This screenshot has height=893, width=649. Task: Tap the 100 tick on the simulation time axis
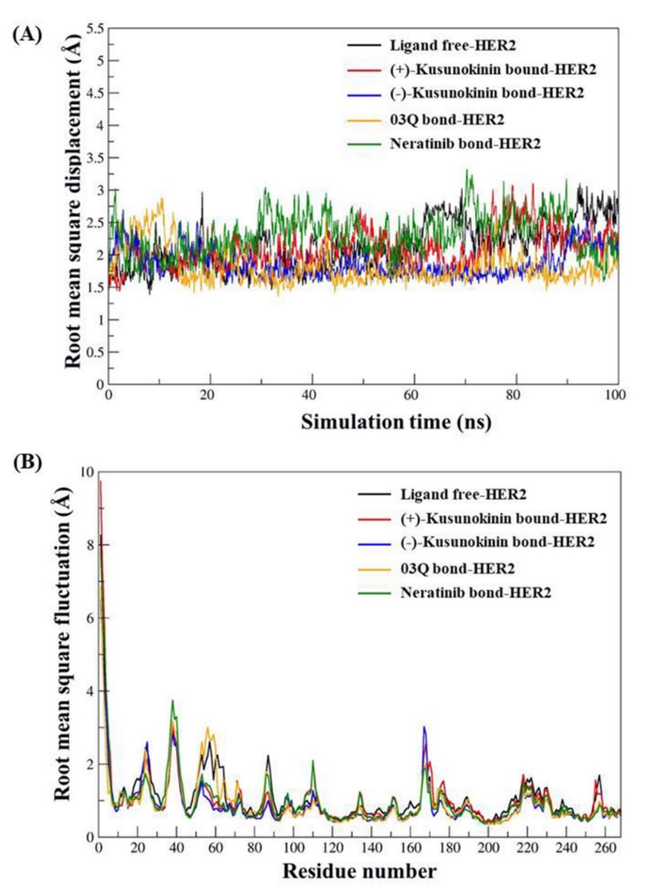click(x=617, y=395)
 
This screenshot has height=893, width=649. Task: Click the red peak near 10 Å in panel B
click(x=101, y=481)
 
